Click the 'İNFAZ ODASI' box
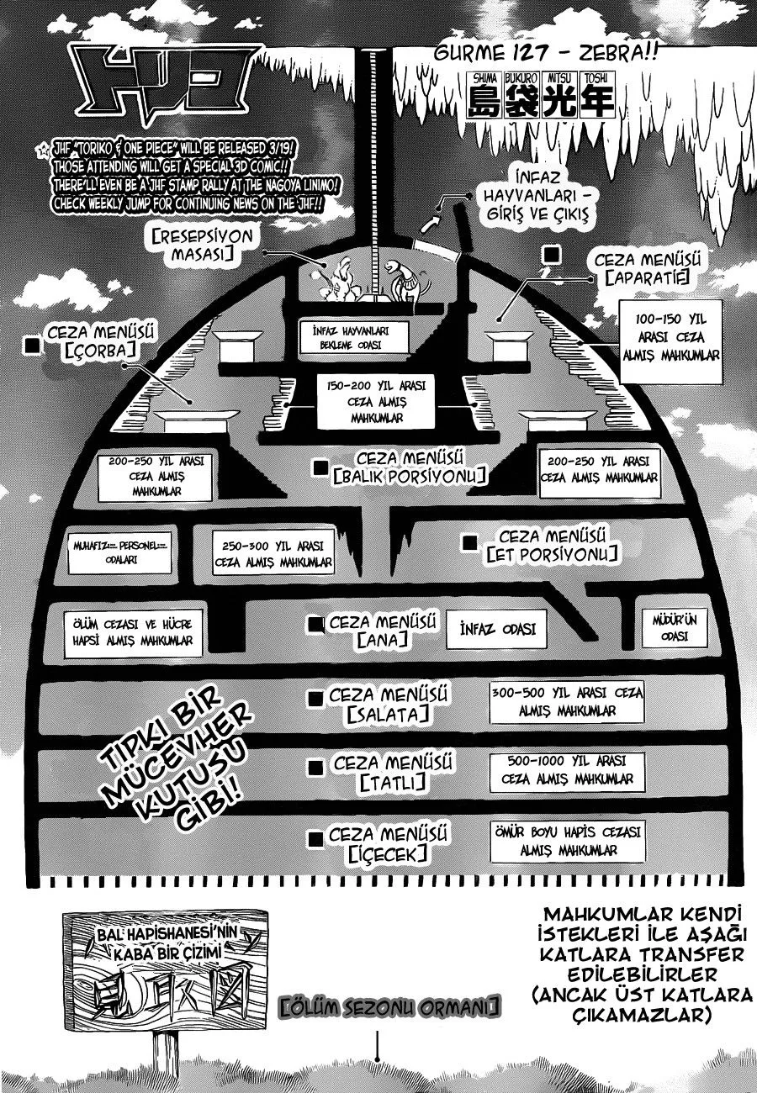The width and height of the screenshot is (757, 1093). click(x=498, y=629)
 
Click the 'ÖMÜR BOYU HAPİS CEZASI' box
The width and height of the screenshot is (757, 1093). click(x=568, y=840)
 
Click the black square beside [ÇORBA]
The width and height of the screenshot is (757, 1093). click(x=34, y=345)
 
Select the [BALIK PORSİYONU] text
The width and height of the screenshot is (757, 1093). click(x=410, y=477)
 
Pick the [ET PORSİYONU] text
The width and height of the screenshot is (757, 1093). click(x=553, y=554)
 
